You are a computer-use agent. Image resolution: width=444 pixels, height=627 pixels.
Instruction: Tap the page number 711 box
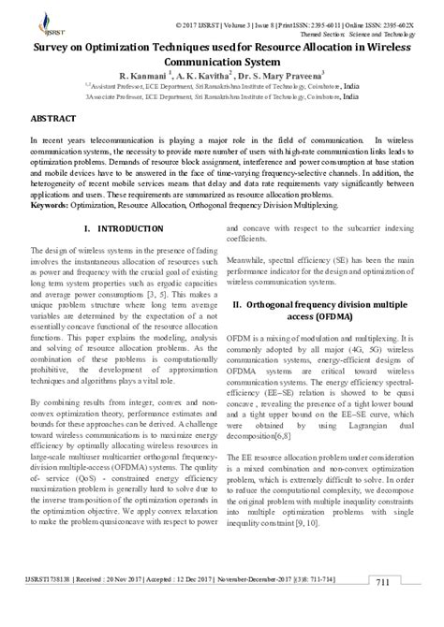[x=382, y=609]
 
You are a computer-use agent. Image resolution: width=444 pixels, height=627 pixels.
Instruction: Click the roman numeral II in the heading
[x=237, y=278]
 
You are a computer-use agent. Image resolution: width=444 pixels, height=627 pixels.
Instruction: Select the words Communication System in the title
[x=222, y=59]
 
